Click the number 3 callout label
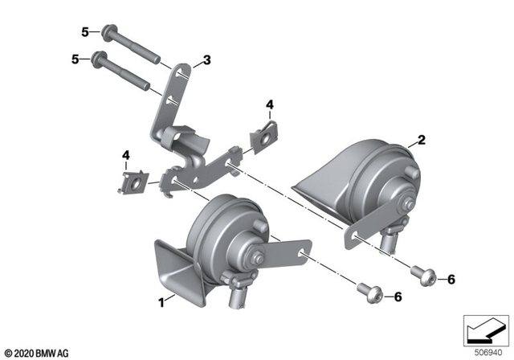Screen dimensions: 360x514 (206, 60)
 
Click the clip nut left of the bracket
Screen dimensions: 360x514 (134, 180)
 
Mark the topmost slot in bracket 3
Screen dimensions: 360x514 (184, 75)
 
